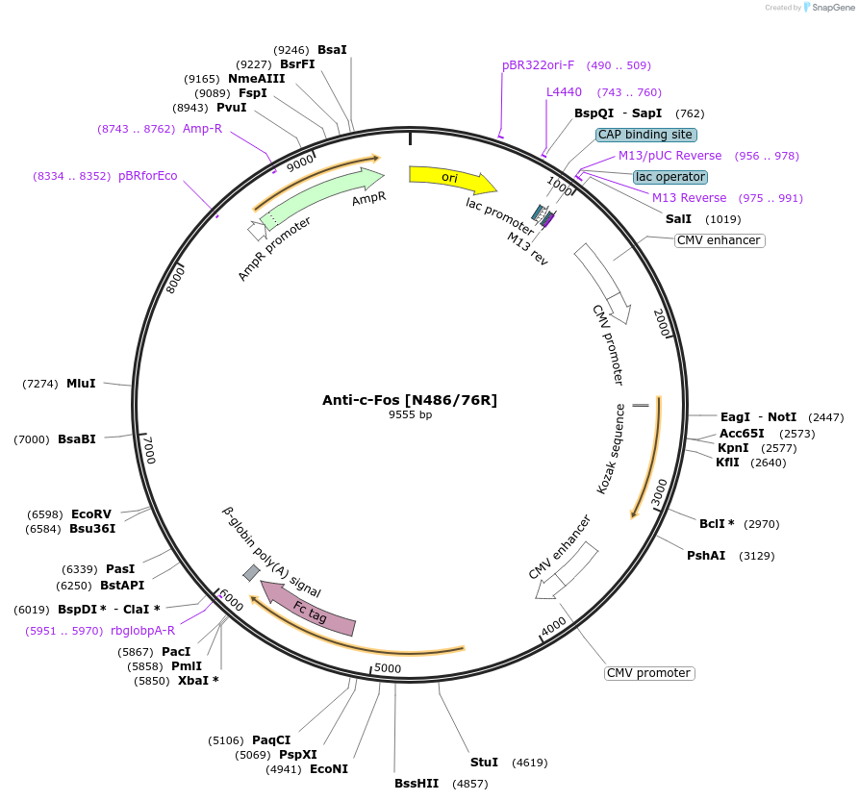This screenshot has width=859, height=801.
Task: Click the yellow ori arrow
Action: (x=451, y=178)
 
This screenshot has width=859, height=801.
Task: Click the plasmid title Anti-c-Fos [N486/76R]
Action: (x=410, y=400)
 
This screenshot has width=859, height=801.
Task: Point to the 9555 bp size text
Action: (x=410, y=415)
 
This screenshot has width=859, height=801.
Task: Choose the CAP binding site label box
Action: (x=645, y=135)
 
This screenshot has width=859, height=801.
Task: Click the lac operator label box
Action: (x=670, y=177)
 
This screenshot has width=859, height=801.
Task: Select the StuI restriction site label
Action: (x=484, y=763)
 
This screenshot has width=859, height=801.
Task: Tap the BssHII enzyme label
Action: (x=416, y=784)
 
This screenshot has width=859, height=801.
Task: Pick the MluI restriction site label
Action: (x=81, y=384)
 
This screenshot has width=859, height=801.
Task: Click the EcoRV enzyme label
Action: (x=91, y=514)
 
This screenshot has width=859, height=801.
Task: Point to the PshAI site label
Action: (x=705, y=556)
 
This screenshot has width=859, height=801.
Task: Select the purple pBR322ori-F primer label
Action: (x=538, y=65)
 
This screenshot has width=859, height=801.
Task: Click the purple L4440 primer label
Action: (x=564, y=92)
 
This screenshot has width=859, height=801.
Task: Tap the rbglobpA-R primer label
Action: (x=142, y=631)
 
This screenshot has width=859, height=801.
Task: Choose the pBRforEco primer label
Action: (x=147, y=176)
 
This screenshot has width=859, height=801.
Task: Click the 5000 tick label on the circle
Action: (x=387, y=668)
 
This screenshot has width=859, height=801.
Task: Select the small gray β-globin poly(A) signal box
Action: (x=251, y=573)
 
